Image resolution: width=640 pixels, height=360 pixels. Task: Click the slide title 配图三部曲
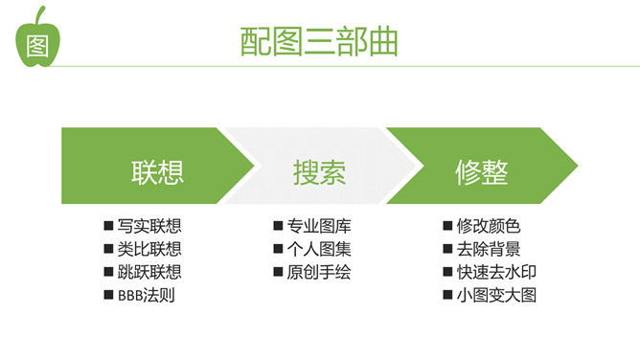point(319,43)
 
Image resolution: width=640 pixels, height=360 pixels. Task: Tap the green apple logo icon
point(37,41)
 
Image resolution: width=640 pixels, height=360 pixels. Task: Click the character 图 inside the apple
point(37,46)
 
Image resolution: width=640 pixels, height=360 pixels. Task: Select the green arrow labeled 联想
point(153,172)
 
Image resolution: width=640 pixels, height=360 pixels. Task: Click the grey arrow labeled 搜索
point(319,172)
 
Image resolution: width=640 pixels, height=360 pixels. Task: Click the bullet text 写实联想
point(149,227)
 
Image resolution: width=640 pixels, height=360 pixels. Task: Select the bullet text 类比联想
point(149,249)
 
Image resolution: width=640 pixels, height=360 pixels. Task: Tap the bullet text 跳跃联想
point(149,272)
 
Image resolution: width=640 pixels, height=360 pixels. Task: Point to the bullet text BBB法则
point(146,295)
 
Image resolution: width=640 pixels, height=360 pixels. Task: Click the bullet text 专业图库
point(319,227)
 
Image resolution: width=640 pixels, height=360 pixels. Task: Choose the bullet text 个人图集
point(319,249)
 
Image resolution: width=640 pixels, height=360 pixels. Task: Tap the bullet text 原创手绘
point(319,272)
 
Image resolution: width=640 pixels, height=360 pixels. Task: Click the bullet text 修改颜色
point(489,227)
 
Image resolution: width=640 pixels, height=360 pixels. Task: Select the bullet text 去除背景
point(489,249)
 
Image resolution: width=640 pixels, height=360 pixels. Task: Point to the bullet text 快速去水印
point(496,272)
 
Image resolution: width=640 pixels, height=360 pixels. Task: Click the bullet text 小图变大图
point(496,295)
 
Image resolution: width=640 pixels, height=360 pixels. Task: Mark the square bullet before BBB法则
point(109,295)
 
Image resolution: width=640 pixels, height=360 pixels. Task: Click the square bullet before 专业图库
point(279,227)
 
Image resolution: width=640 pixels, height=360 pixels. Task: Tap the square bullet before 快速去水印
point(448,272)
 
